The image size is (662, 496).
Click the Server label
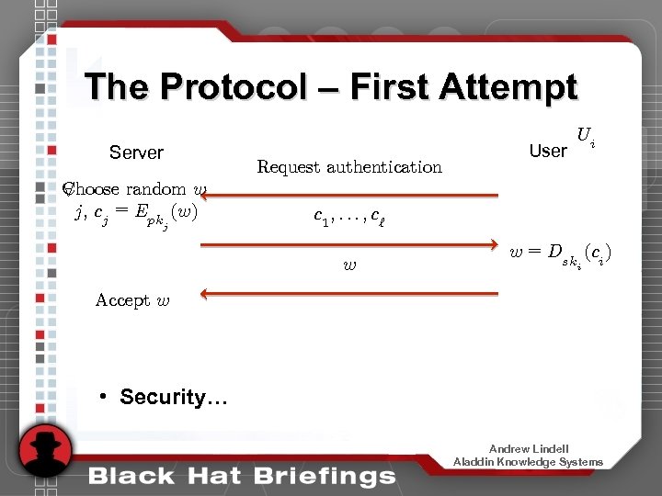(136, 152)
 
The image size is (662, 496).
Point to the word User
(548, 151)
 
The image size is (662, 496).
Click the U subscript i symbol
(587, 139)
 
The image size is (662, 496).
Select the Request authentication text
(349, 167)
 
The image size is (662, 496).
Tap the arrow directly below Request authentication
(349, 196)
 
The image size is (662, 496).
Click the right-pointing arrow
(349, 245)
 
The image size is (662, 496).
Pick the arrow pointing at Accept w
(349, 294)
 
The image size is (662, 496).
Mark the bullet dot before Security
(106, 397)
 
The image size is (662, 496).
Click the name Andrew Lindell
(529, 449)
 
